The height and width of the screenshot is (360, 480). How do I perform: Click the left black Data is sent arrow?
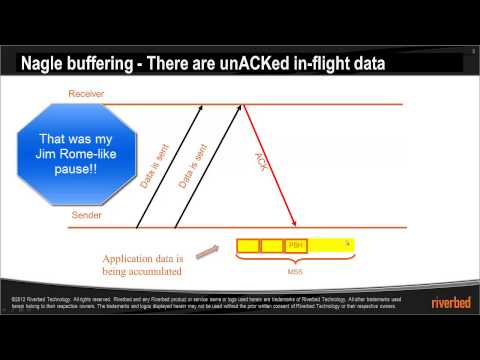point(165,165)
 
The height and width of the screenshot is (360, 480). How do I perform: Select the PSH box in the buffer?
point(296,245)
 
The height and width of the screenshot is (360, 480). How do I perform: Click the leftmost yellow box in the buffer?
point(248,245)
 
